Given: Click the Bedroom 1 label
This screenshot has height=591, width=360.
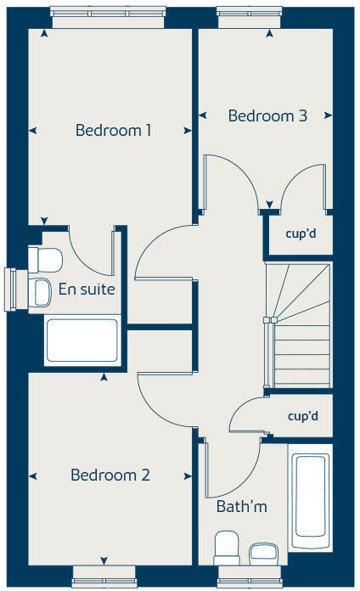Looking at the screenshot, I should point(113,131).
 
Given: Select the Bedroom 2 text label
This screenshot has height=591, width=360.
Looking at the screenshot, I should point(110,475).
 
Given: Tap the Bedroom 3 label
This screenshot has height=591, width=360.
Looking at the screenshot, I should point(267,116).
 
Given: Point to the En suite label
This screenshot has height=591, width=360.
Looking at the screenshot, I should point(87,290).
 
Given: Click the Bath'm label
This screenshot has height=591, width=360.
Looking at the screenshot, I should point(241,507).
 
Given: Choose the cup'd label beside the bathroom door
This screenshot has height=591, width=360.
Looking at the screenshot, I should point(302,417).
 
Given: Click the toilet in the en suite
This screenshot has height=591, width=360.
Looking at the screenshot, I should point(45,258).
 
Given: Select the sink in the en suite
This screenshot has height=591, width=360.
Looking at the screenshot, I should point(41,291).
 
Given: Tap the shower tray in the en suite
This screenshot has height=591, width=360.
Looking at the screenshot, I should point(82,341).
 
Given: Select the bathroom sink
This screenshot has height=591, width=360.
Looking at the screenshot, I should point(264,552).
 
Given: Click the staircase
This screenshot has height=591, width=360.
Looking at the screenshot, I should point(299,326).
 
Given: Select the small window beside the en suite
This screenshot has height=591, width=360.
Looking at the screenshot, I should point(11,290).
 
